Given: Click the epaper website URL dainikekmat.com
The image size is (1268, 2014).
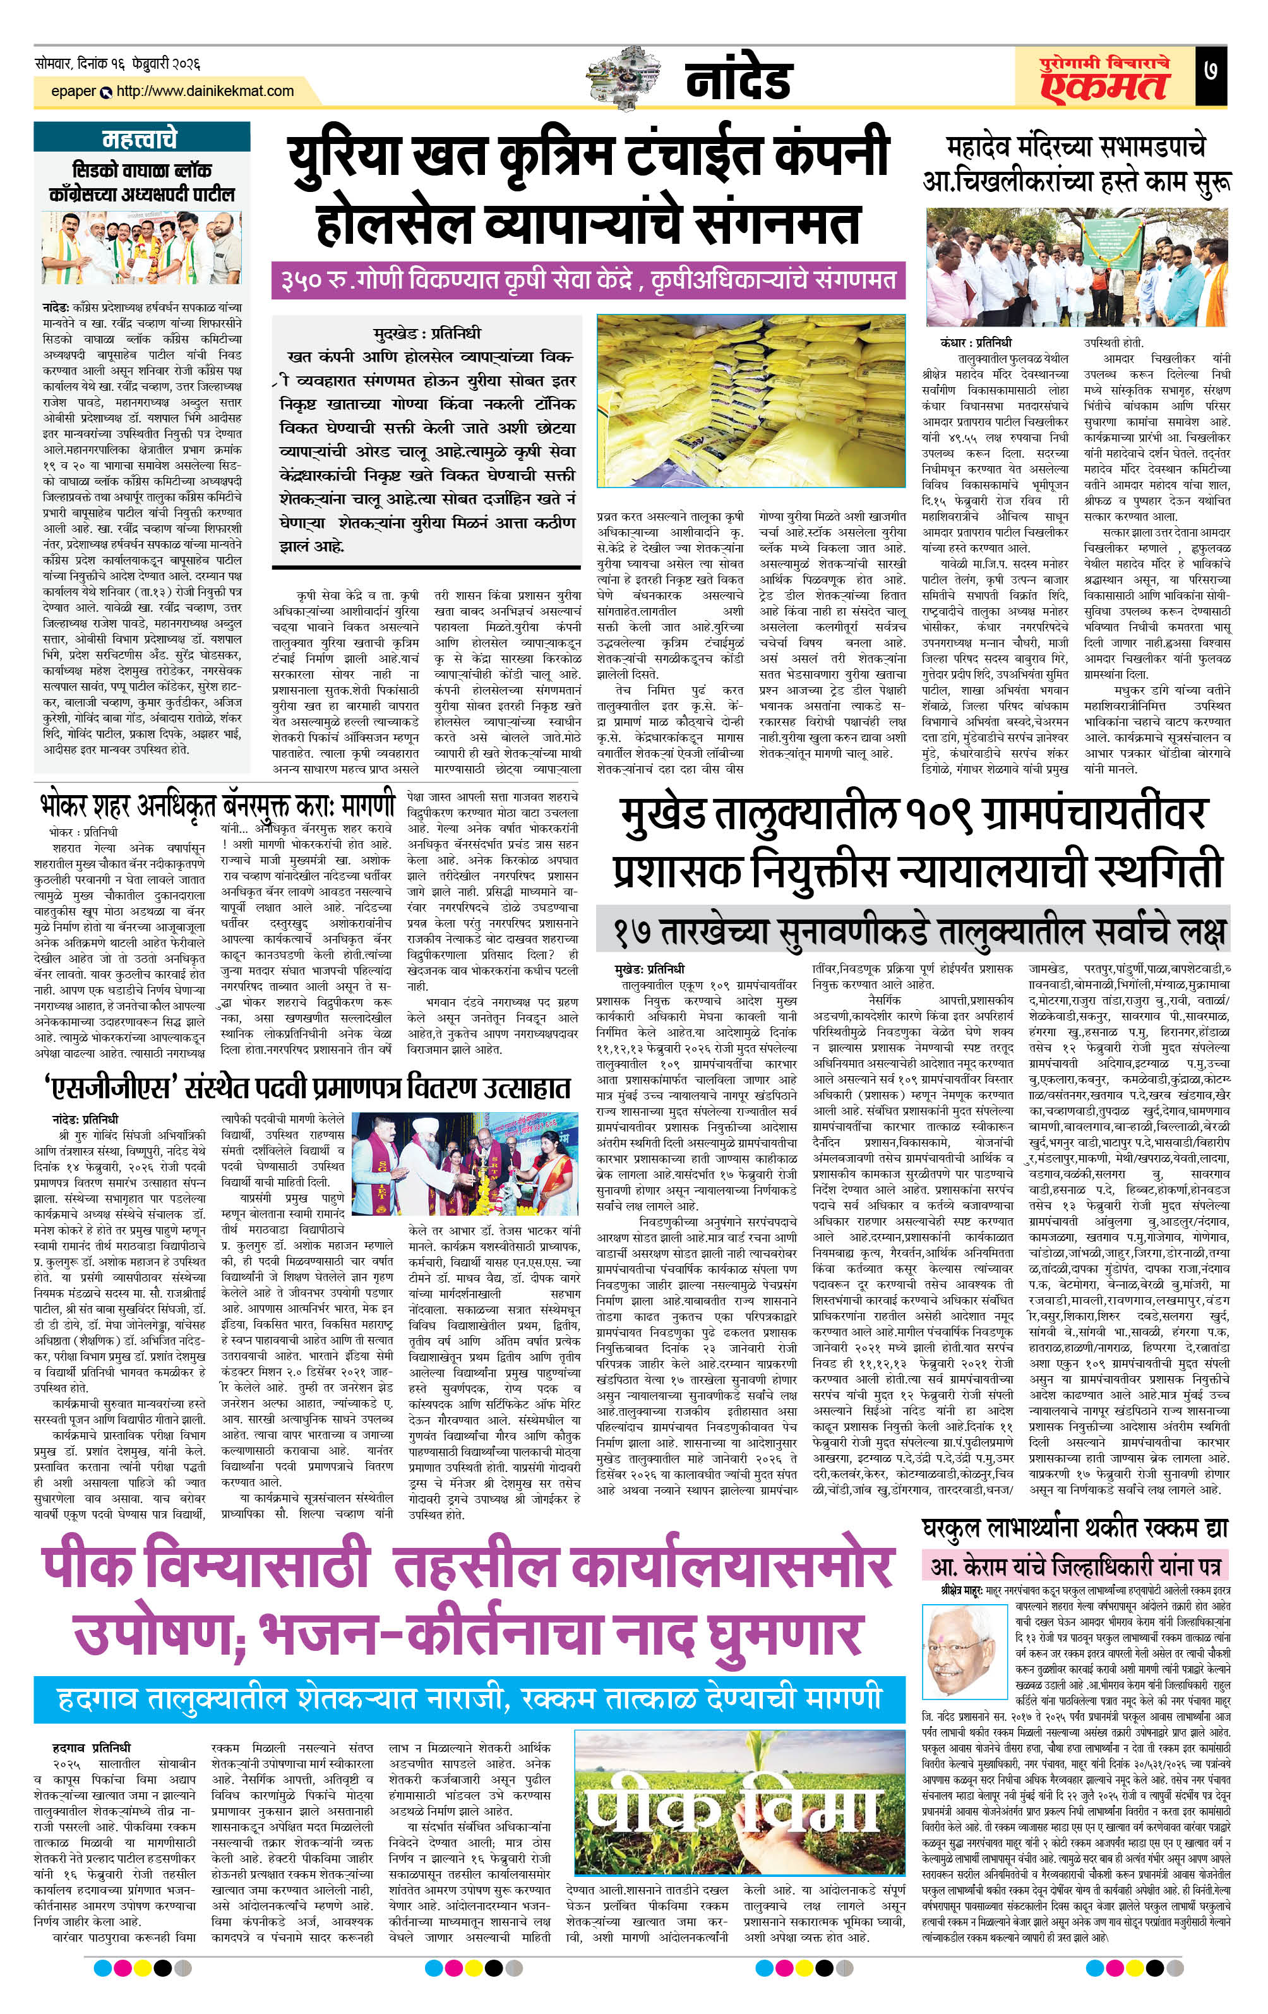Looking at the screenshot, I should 205,91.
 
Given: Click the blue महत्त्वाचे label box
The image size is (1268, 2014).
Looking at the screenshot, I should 141,138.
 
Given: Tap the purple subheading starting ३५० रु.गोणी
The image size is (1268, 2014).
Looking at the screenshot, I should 587,279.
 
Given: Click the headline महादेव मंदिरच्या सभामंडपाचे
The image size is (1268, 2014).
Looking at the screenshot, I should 1077,147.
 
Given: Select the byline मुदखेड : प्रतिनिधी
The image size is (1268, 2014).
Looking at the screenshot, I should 427,333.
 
